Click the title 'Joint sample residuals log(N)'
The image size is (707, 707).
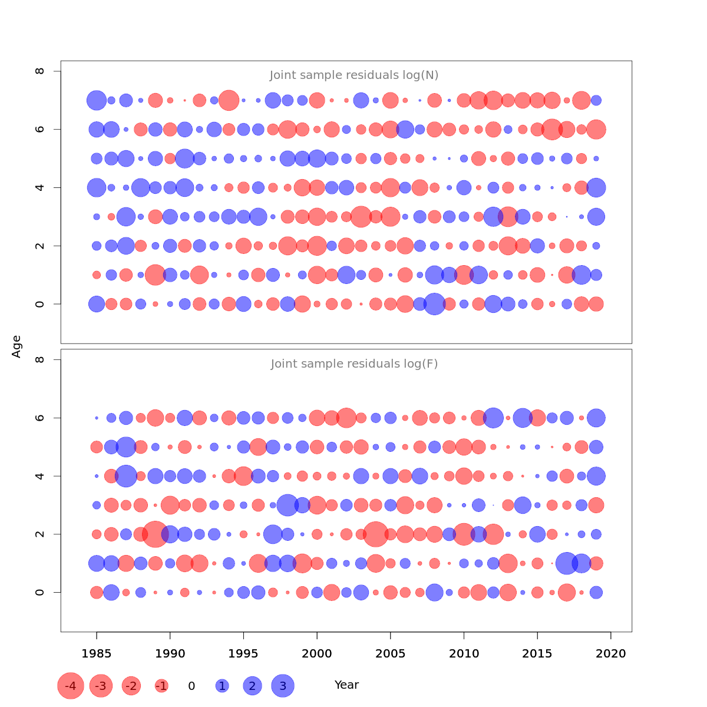click(x=354, y=75)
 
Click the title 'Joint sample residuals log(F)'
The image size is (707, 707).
click(x=354, y=364)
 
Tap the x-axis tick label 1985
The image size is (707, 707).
click(x=97, y=654)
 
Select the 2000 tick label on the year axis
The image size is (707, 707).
click(x=317, y=654)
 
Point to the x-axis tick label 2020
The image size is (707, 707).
click(x=611, y=654)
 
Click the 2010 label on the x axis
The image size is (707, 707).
click(x=464, y=654)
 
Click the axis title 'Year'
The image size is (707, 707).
click(x=346, y=685)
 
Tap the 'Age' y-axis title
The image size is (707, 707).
click(x=16, y=346)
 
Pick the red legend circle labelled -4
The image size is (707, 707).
click(x=71, y=686)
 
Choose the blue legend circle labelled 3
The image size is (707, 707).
click(x=283, y=686)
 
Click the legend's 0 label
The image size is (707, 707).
click(x=191, y=686)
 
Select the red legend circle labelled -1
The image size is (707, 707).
click(x=161, y=686)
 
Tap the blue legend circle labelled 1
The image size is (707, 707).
click(x=222, y=686)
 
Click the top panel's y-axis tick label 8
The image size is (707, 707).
click(x=40, y=71)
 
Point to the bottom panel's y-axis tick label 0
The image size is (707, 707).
click(x=40, y=592)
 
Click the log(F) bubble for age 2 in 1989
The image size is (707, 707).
click(x=156, y=534)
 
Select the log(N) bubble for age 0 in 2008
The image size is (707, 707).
click(x=434, y=304)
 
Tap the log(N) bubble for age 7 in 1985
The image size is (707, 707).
click(x=97, y=100)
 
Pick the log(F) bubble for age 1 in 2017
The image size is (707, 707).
click(x=567, y=563)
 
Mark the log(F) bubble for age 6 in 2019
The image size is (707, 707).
click(x=596, y=418)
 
